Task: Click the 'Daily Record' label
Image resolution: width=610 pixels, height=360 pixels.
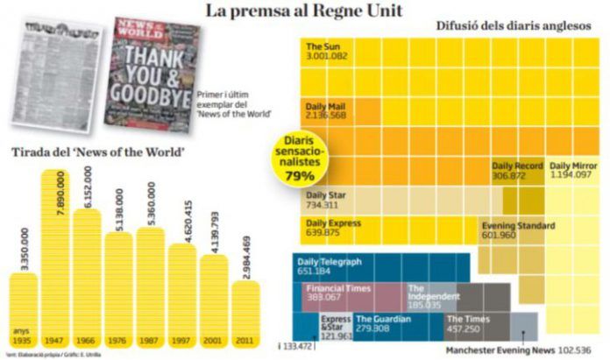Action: pos(517,166)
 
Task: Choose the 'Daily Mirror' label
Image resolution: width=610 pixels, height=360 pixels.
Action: pos(575,166)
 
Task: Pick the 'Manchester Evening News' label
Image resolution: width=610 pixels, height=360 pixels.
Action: pos(500,349)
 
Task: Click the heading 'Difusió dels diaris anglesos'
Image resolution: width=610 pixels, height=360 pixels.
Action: pos(513,25)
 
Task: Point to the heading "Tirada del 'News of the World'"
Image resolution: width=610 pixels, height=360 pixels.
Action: pos(97,152)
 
